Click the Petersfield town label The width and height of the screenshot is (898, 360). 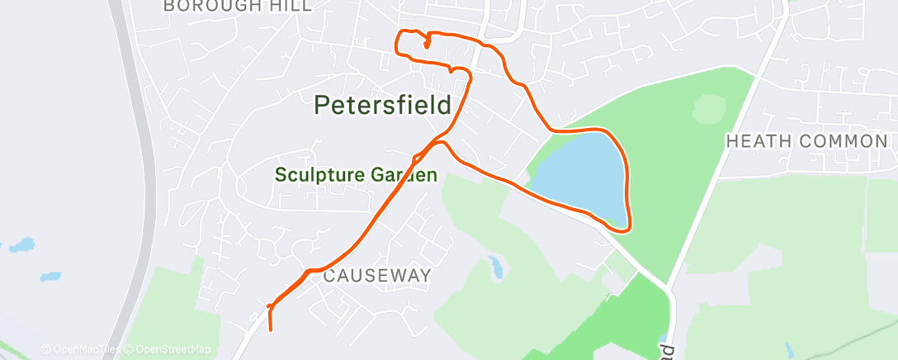pyautogui.click(x=383, y=106)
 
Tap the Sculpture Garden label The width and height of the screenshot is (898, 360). pyautogui.click(x=356, y=175)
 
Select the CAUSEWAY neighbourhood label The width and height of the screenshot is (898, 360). pyautogui.click(x=376, y=276)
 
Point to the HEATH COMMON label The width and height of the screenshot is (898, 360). pyautogui.click(x=806, y=141)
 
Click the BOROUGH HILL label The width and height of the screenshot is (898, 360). pyautogui.click(x=238, y=6)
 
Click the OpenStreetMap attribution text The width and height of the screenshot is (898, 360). pyautogui.click(x=173, y=349)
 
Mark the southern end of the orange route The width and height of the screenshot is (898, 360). pyautogui.click(x=271, y=330)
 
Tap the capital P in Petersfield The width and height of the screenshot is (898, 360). pyautogui.click(x=324, y=106)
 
